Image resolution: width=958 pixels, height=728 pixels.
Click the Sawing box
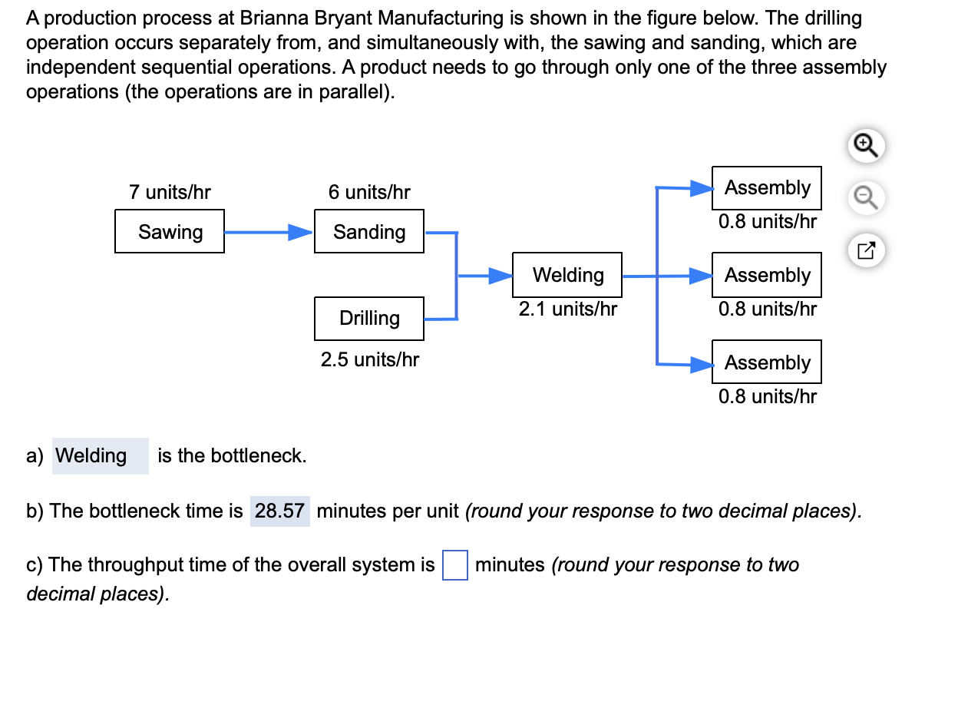pyautogui.click(x=170, y=231)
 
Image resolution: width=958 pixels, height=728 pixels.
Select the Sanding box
pyautogui.click(x=368, y=231)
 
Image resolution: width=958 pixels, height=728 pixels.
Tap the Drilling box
pyautogui.click(x=368, y=319)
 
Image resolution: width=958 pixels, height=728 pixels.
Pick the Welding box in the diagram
pyautogui.click(x=567, y=275)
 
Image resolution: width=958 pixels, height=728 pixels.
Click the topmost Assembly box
pyautogui.click(x=766, y=187)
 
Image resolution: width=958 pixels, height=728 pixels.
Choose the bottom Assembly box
pyautogui.click(x=766, y=362)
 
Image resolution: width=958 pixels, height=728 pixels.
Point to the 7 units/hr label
pyautogui.click(x=170, y=192)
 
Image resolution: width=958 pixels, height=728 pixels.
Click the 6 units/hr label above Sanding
pyautogui.click(x=369, y=192)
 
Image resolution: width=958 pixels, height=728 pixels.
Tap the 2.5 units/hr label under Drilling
pyautogui.click(x=370, y=359)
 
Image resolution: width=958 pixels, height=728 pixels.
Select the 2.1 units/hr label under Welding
pyautogui.click(x=568, y=309)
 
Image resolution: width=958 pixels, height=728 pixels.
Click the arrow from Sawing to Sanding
pyautogui.click(x=269, y=232)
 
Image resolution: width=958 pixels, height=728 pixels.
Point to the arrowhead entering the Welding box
pyautogui.click(x=500, y=276)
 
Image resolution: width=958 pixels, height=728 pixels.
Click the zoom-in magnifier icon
pyautogui.click(x=866, y=146)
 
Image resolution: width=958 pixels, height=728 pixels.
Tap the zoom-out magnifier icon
pyautogui.click(x=866, y=197)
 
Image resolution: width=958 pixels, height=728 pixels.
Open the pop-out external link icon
pyautogui.click(x=866, y=250)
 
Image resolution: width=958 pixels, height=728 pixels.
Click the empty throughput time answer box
pyautogui.click(x=454, y=564)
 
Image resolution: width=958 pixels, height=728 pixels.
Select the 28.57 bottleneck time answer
pyautogui.click(x=279, y=511)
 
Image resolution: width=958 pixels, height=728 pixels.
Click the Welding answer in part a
pyautogui.click(x=101, y=456)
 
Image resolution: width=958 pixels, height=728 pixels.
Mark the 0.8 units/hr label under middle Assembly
pyautogui.click(x=768, y=309)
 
